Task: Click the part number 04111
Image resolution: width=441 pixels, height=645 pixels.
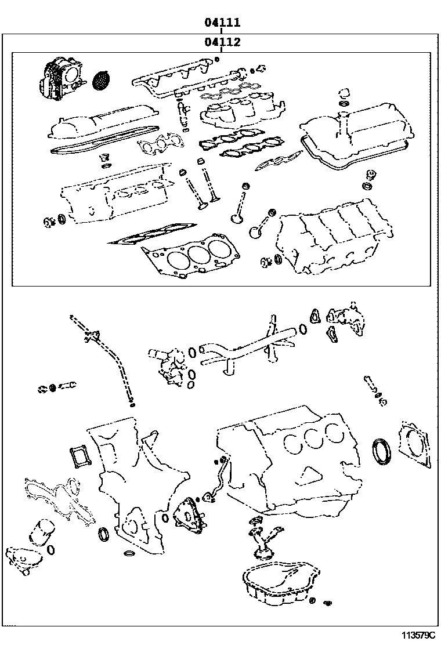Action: coord(222,23)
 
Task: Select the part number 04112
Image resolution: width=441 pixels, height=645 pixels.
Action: coord(222,42)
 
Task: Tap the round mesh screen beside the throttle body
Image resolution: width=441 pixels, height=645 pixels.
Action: coord(101,80)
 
